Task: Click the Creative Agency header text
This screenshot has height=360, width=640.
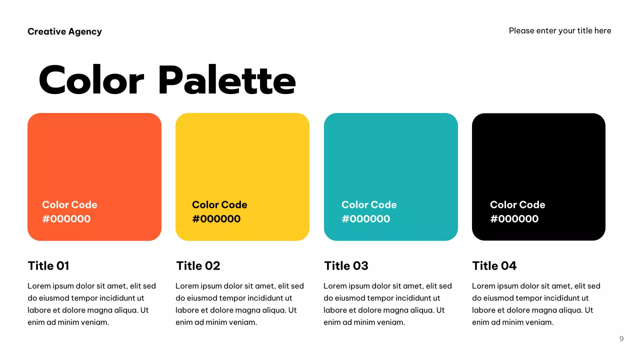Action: [x=64, y=31]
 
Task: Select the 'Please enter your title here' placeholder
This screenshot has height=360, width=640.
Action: [x=560, y=30]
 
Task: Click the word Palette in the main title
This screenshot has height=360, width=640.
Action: [x=227, y=80]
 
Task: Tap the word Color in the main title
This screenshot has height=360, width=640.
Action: [x=91, y=80]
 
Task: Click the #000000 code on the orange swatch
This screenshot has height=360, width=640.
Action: [x=66, y=218]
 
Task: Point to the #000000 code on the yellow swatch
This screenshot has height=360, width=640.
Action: [x=216, y=218]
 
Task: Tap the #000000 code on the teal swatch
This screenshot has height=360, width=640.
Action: [x=366, y=218]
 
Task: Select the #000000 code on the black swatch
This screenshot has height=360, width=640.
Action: [x=514, y=218]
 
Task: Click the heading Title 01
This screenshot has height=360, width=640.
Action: [x=48, y=265]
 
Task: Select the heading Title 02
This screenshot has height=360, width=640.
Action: [x=198, y=265]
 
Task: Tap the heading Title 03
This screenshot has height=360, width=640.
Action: [x=346, y=265]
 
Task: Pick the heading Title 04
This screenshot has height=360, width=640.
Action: [x=494, y=265]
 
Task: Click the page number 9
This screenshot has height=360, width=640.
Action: [x=621, y=338]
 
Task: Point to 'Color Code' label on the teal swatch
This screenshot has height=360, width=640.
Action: [x=369, y=204]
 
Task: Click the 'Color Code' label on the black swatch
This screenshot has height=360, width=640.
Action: [x=517, y=204]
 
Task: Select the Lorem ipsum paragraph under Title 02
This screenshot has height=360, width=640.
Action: [x=239, y=304]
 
